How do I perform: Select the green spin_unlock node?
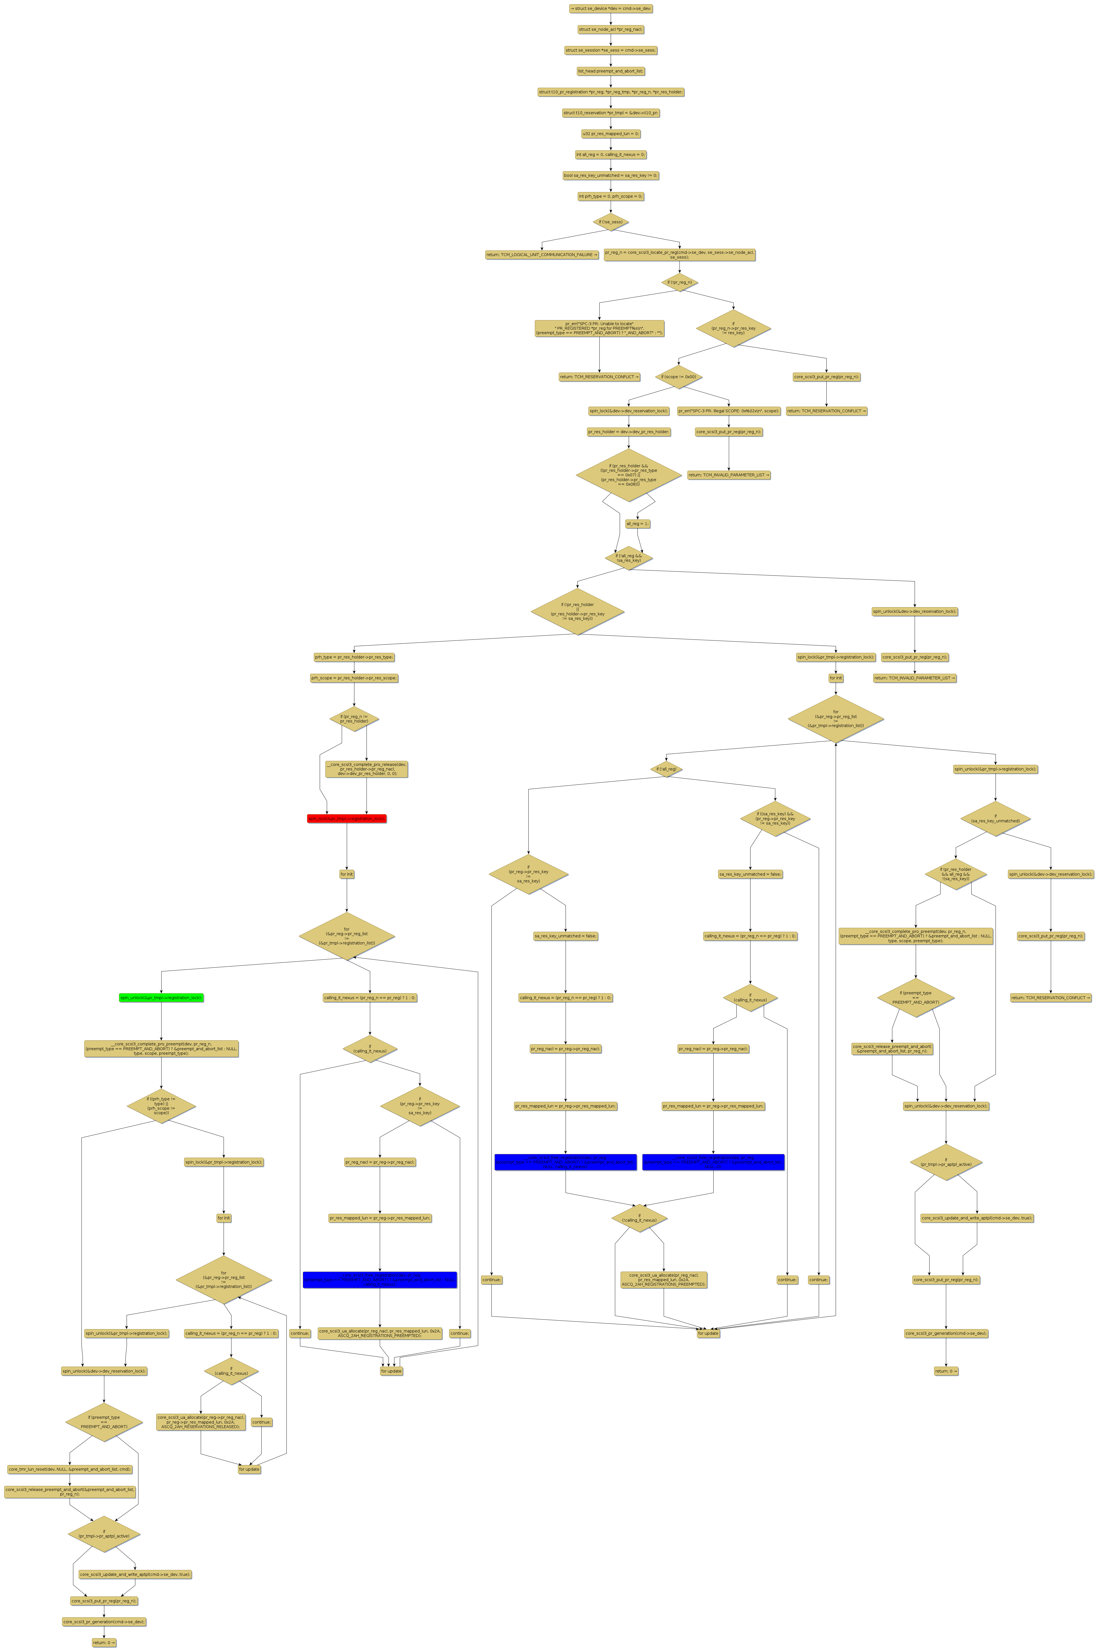[x=161, y=997]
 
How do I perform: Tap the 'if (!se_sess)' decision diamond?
[x=610, y=221]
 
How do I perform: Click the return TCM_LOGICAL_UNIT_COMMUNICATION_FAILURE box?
[x=542, y=254]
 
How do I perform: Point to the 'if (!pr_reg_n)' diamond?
[x=679, y=283]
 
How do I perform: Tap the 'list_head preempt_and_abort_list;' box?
[x=610, y=71]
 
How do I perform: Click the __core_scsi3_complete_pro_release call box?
[x=367, y=769]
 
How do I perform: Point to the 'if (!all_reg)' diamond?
[x=666, y=769]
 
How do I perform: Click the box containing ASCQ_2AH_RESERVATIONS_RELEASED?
[x=201, y=1422]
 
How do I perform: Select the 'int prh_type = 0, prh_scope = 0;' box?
[x=610, y=196]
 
